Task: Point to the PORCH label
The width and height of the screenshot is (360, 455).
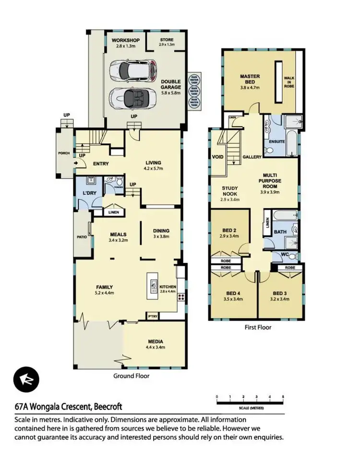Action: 64,154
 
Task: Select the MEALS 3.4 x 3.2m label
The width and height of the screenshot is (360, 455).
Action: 117,237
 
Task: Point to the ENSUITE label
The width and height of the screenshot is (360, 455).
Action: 277,142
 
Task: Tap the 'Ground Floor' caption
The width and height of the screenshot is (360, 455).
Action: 131,376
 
